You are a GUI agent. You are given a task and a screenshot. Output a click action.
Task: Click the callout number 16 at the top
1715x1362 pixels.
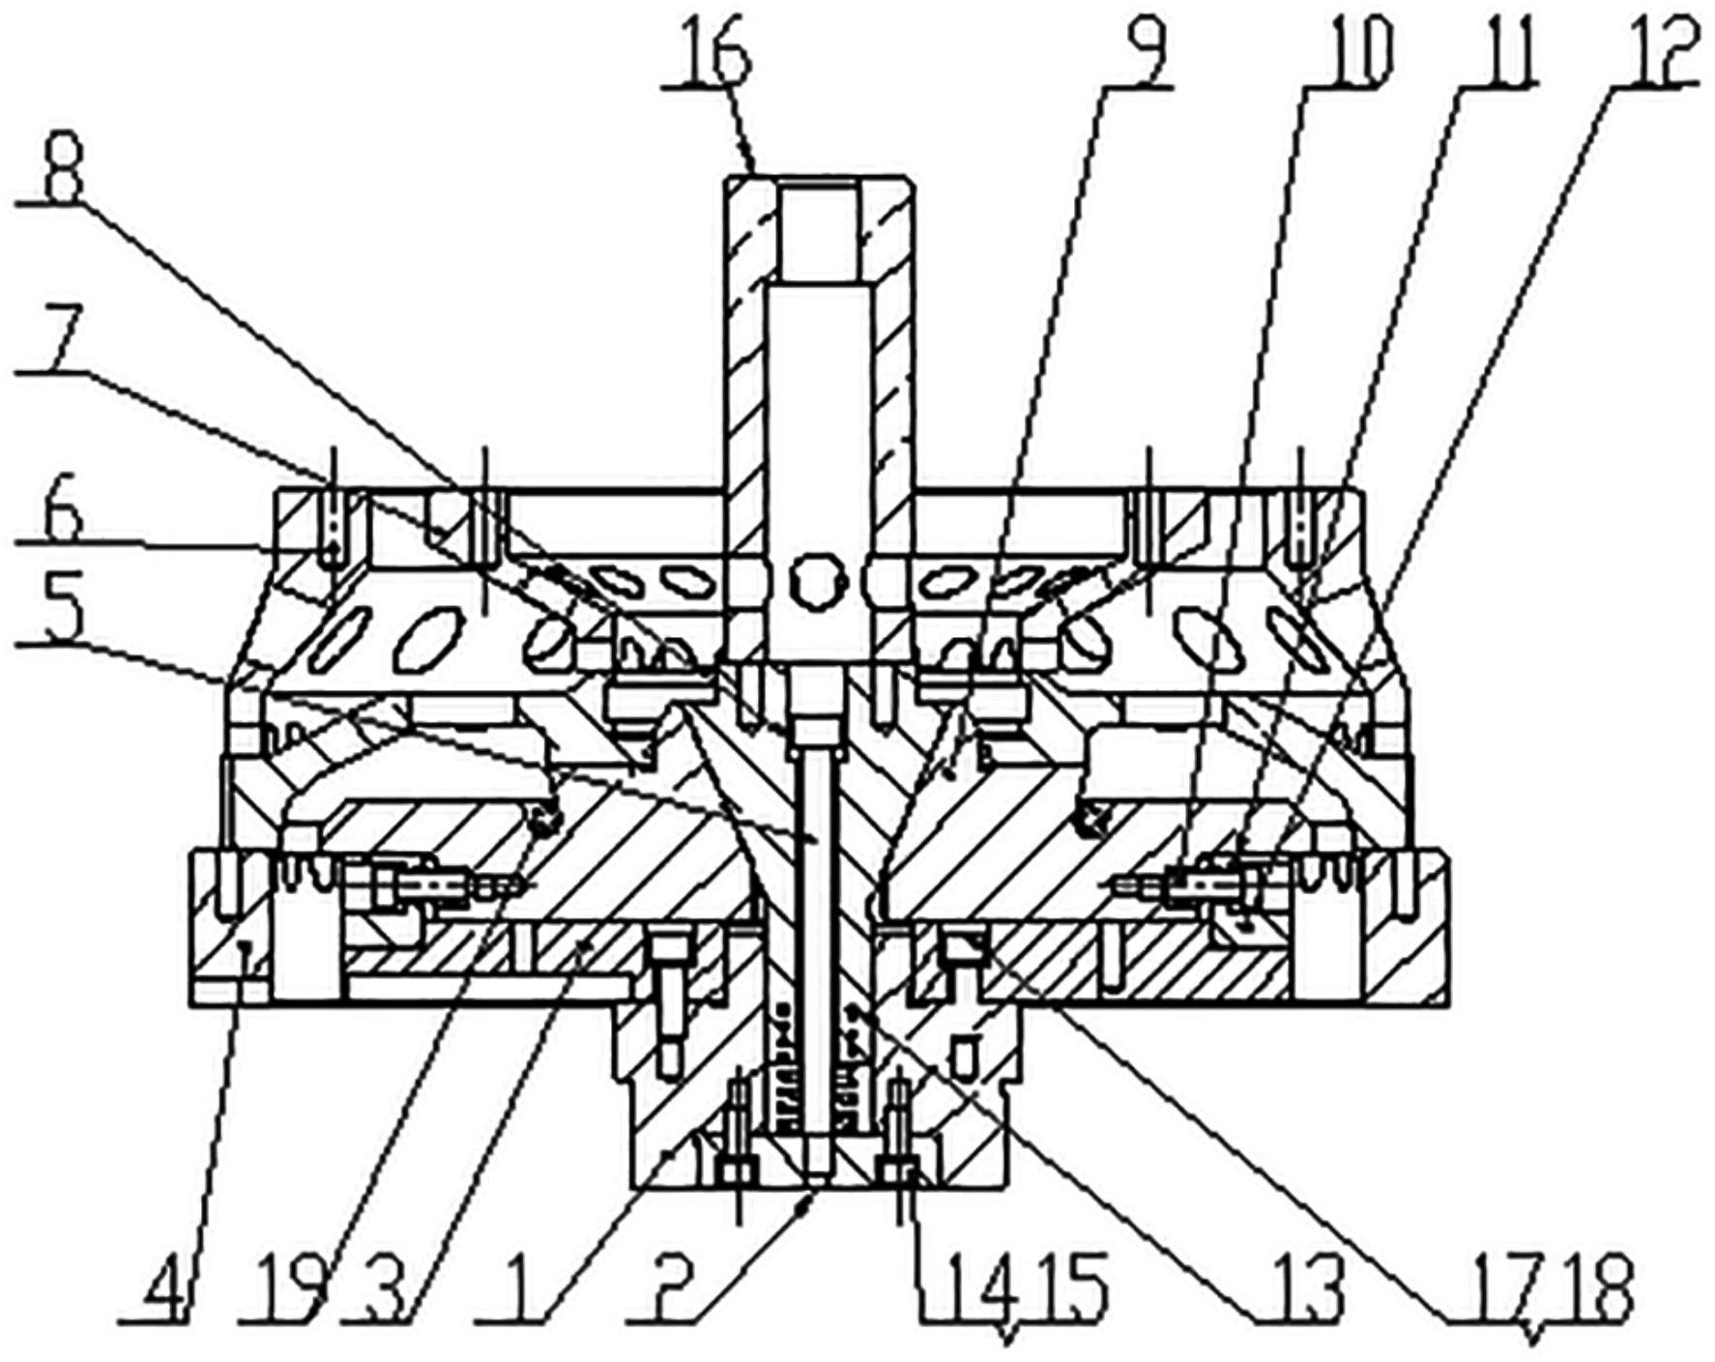[717, 53]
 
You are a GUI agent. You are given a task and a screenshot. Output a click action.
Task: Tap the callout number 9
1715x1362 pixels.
[1141, 50]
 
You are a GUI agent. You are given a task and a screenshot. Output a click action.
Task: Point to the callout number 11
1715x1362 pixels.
[1496, 53]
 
